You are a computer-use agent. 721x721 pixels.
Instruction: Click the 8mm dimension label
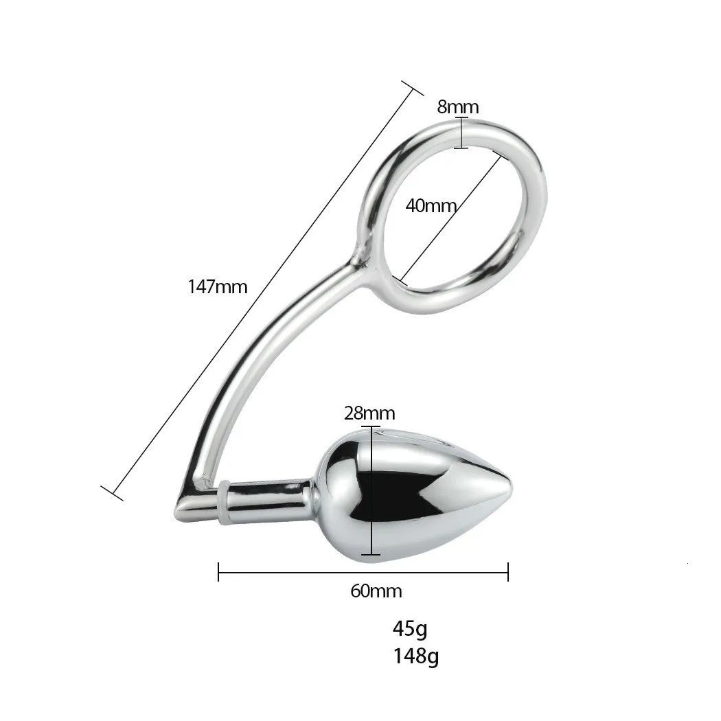(x=457, y=107)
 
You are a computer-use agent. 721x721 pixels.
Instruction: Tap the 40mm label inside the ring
(x=431, y=205)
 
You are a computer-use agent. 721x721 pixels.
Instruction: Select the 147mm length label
(x=218, y=286)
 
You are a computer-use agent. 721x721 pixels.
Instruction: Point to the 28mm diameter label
(x=369, y=413)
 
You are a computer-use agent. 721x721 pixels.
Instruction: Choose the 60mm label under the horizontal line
(x=376, y=591)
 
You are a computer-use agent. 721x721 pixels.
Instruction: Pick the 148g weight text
(x=416, y=656)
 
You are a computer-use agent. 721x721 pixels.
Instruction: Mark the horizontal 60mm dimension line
(x=363, y=571)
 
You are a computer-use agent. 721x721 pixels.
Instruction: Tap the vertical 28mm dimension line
(x=371, y=490)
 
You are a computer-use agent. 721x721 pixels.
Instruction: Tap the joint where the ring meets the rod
(x=358, y=260)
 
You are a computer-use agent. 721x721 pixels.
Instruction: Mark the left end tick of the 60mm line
(x=218, y=571)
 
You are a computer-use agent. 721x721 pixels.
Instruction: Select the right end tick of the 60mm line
(x=508, y=571)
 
